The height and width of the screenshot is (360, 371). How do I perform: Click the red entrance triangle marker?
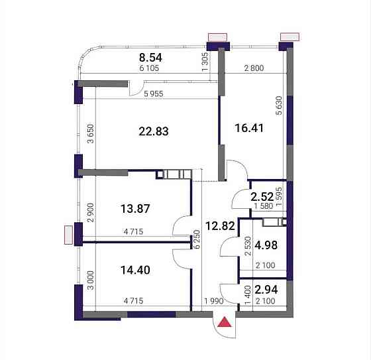click(225, 323)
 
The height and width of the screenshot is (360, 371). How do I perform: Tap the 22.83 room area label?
click(154, 131)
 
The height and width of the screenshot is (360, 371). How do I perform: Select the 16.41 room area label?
click(249, 128)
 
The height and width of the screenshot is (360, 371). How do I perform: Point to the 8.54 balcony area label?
click(150, 58)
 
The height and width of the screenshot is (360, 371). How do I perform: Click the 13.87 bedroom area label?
click(135, 209)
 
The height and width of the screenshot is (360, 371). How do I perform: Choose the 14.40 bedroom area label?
click(135, 270)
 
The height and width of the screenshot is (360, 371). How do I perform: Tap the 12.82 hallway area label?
click(220, 225)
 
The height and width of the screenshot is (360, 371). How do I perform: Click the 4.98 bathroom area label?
click(266, 245)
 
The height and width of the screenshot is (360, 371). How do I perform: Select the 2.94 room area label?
click(266, 290)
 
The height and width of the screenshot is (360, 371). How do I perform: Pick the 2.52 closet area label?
click(262, 197)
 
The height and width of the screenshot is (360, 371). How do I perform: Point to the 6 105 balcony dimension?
click(149, 68)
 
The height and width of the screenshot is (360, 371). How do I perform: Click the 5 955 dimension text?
click(154, 93)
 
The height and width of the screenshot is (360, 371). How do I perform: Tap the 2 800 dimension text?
click(254, 68)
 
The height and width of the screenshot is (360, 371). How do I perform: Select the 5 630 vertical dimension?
click(279, 105)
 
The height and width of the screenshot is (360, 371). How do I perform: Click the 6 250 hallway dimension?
click(197, 239)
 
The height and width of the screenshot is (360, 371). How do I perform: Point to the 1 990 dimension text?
click(214, 301)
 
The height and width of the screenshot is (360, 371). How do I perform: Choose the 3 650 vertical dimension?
click(91, 134)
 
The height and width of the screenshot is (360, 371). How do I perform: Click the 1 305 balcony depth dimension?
click(205, 62)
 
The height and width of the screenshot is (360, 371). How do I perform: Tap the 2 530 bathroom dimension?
click(248, 245)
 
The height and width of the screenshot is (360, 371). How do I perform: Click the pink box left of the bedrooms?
click(68, 235)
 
